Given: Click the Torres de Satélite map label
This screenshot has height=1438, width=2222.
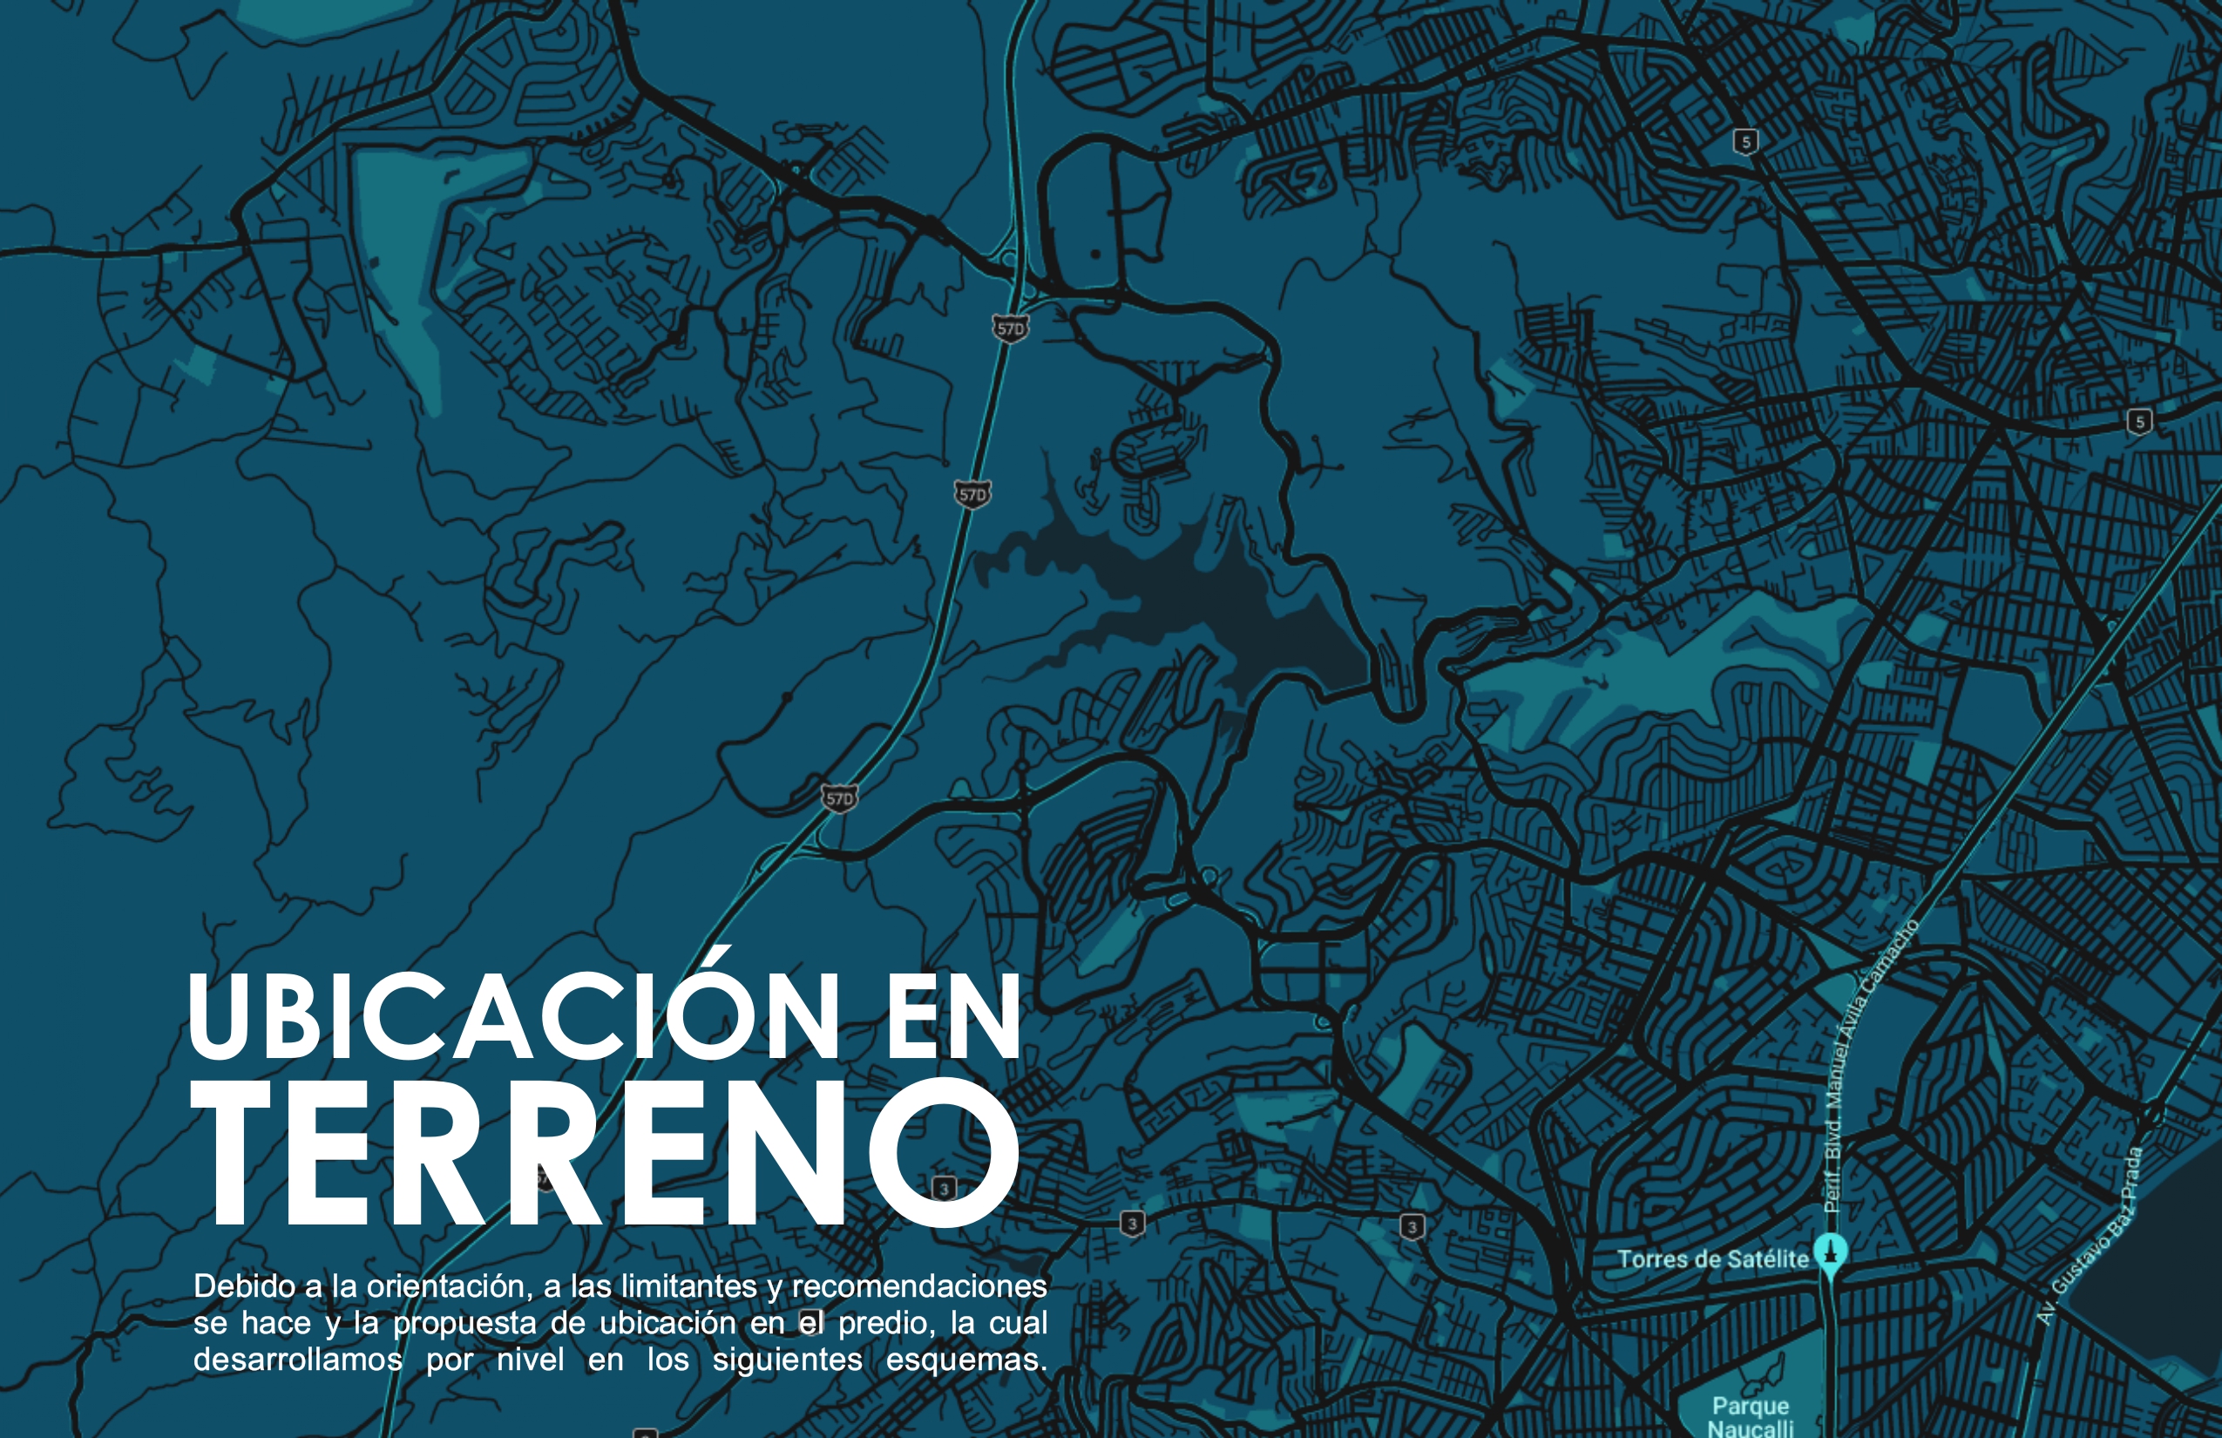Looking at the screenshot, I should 1712,1258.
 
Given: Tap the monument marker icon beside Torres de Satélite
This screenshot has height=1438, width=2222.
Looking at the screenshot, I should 1830,1251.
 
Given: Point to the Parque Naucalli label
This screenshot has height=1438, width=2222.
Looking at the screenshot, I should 1751,1415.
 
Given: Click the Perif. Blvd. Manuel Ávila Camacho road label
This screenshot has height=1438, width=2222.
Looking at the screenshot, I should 1858,1074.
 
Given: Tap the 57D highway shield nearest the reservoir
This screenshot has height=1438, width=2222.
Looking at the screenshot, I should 972,494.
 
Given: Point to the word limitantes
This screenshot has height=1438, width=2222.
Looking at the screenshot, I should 688,1286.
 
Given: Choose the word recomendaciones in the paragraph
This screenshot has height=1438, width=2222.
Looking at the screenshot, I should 918,1286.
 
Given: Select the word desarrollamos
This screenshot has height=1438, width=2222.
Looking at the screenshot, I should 298,1360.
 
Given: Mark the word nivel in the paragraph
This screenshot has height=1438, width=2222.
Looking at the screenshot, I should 531,1360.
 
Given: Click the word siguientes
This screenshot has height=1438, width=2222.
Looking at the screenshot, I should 787,1360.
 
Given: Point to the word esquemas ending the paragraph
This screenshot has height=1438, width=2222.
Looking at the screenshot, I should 965,1360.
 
